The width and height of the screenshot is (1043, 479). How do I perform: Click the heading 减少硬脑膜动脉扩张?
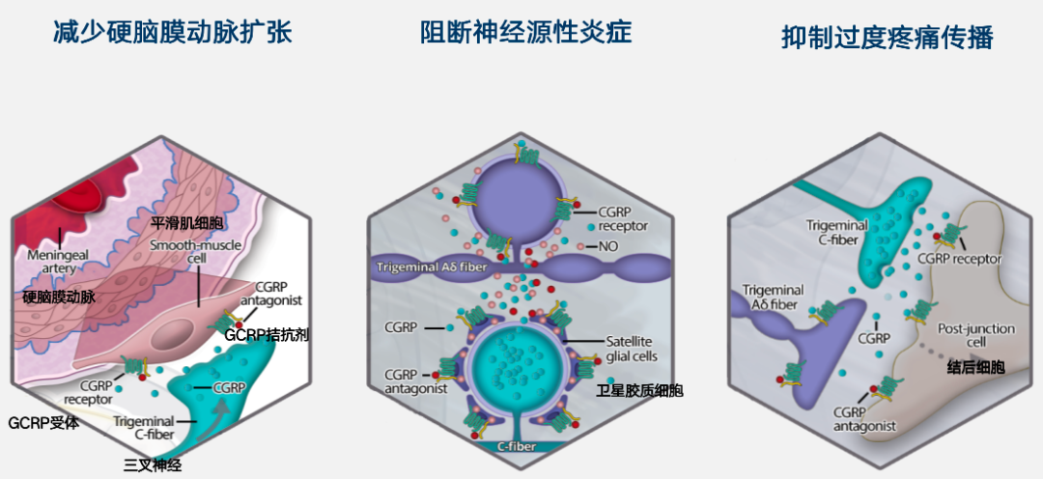point(172,33)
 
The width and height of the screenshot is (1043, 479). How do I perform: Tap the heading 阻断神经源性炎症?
point(525,33)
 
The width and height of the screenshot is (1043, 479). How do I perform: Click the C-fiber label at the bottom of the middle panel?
point(520,447)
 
